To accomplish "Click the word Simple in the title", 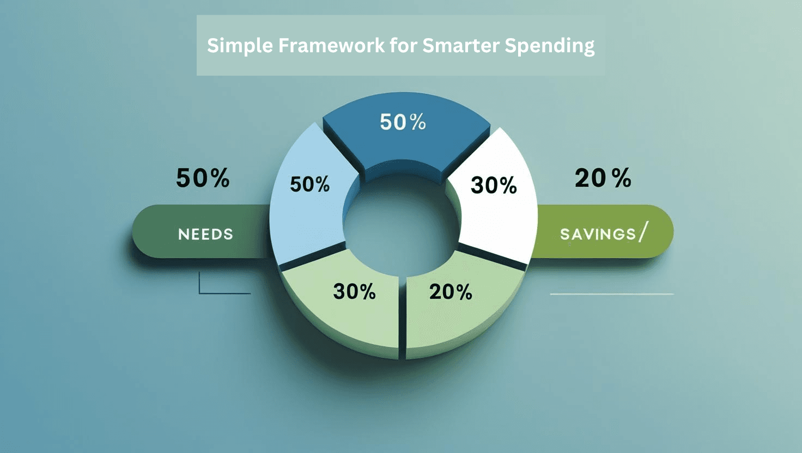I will (x=239, y=46).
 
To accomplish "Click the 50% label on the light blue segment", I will (x=309, y=185).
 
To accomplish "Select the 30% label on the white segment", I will (x=494, y=186).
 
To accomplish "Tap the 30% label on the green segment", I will (x=354, y=292).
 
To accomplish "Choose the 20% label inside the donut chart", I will (x=451, y=292).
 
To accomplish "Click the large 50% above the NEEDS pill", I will (x=203, y=178).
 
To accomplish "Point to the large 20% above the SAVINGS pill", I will (x=603, y=178).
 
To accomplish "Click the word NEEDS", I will (x=205, y=234).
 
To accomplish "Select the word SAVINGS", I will (x=598, y=234).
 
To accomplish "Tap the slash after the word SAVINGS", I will (x=643, y=232).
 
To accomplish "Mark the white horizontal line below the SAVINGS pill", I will (x=611, y=294).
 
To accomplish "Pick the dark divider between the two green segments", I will (x=402, y=316).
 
